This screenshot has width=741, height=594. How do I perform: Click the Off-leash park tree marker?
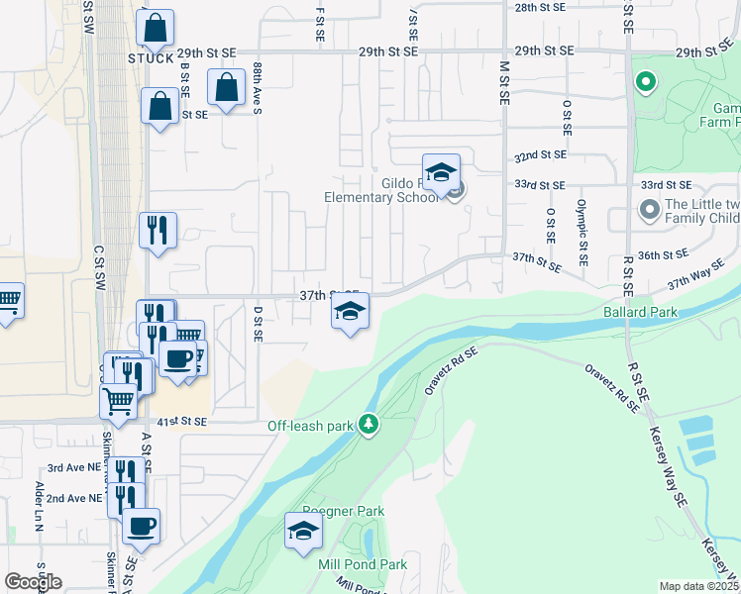[370, 425]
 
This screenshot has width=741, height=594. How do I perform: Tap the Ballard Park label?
[640, 312]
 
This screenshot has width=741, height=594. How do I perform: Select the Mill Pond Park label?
[364, 564]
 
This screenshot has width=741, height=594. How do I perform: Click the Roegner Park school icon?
[303, 531]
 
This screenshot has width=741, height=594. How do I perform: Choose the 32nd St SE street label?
[540, 155]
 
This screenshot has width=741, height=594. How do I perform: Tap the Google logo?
[33, 582]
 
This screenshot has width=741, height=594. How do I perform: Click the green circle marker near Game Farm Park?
[646, 82]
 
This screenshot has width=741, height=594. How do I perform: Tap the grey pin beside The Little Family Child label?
[649, 210]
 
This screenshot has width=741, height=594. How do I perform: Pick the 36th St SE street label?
[663, 254]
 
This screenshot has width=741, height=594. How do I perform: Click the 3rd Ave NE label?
[74, 468]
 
